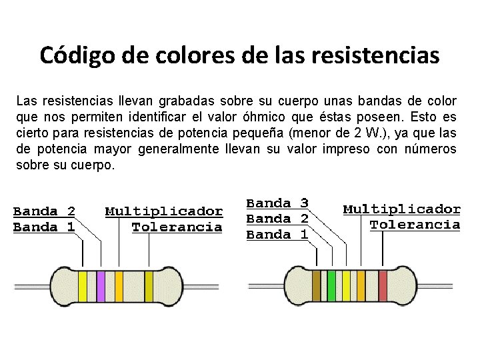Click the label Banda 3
pyautogui.click(x=277, y=203)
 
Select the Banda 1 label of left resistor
pyautogui.click(x=44, y=227)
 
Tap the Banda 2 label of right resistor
pyautogui.click(x=277, y=219)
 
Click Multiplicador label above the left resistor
pyautogui.click(x=164, y=211)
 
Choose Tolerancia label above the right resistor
pyautogui.click(x=415, y=225)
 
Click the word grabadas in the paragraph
pyautogui.click(x=171, y=101)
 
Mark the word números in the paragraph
pyautogui.click(x=431, y=148)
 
